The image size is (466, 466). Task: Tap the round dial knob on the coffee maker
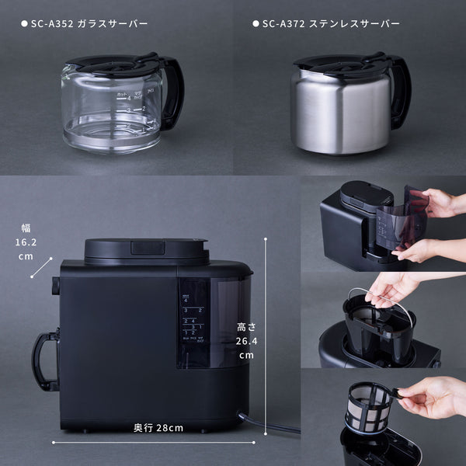(x=54, y=286)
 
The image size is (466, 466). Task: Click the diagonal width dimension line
(x=41, y=266)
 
